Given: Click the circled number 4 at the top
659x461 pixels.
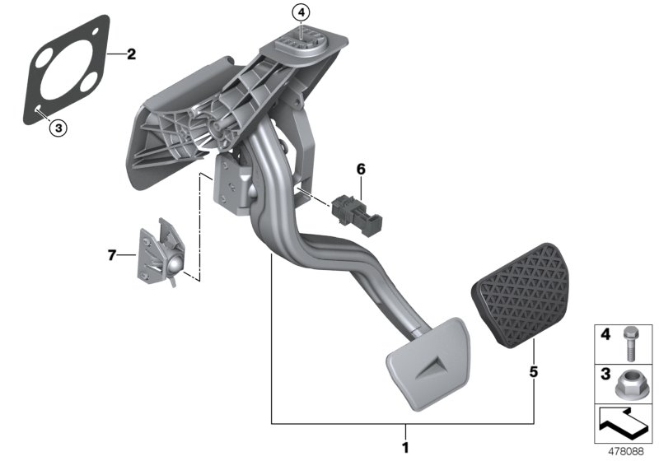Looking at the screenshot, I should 301,12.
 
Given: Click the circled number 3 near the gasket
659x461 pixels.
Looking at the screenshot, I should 56,127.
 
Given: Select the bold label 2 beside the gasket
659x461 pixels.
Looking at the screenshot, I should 131,55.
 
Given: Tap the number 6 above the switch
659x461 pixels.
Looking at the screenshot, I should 360,170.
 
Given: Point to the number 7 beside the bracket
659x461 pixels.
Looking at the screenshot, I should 113,256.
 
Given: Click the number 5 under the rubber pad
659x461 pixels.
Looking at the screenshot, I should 534,372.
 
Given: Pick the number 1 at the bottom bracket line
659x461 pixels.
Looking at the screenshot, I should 404,449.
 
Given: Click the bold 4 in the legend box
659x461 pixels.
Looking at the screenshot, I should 604,336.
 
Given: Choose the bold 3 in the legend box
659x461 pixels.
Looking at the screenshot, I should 604,375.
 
